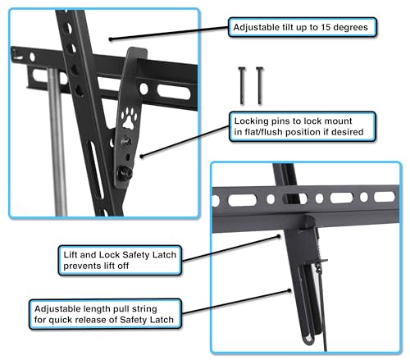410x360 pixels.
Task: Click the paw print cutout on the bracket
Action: [129, 118]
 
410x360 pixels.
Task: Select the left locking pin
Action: [242, 85]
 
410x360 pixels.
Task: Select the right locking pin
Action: [260, 85]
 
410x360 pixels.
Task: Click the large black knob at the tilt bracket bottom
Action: [125, 173]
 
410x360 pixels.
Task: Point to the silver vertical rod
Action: [57, 142]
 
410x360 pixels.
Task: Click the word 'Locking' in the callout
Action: [251, 121]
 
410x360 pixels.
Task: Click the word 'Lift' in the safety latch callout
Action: [71, 255]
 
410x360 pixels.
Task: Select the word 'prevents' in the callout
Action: [79, 266]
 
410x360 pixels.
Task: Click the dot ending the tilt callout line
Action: [111, 39]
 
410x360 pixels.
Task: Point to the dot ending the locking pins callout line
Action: [142, 157]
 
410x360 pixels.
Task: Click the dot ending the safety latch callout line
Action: [279, 236]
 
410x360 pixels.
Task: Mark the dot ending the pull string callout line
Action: [289, 290]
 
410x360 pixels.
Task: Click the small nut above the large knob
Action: [126, 141]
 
